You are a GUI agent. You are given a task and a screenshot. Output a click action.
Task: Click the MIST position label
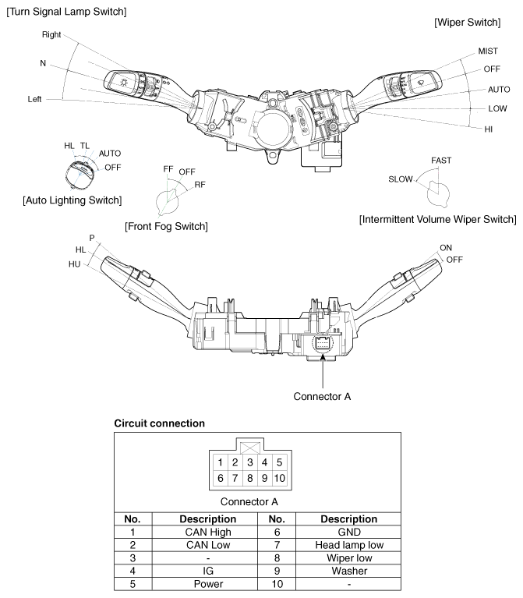(x=488, y=51)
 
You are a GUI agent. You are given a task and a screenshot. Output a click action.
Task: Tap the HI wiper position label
(x=488, y=129)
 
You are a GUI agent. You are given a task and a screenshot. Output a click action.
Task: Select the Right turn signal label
(x=51, y=35)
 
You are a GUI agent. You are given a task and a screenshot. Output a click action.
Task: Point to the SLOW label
(x=401, y=179)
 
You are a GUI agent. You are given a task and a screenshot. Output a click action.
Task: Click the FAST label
(x=441, y=161)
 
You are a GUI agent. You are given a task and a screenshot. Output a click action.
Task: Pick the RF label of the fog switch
(x=200, y=185)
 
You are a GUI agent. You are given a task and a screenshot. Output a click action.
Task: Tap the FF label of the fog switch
(x=168, y=169)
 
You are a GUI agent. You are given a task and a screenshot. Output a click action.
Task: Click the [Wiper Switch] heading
(x=468, y=23)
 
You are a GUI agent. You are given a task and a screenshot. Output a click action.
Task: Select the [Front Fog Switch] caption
(x=166, y=227)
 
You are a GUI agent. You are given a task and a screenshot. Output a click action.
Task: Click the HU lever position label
(x=74, y=264)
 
